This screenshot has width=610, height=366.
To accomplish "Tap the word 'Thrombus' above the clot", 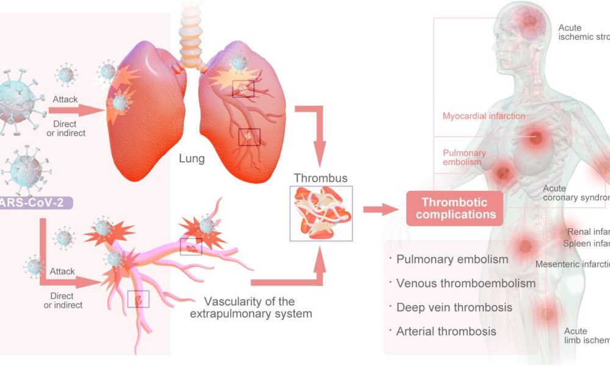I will point(321,178).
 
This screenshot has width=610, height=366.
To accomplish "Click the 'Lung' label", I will point(192,159).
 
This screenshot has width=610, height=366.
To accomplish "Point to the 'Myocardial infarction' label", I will point(484,116).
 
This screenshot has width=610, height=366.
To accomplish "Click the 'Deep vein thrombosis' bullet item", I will point(454,307).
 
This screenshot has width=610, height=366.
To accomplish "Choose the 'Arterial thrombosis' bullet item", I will point(447,331).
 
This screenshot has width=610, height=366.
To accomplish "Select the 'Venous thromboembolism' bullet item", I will point(466,283).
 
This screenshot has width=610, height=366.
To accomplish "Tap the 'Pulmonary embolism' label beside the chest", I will point(464,157).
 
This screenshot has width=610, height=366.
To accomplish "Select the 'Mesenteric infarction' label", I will point(572,264).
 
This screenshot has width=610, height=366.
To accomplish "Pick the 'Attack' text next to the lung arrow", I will point(65,99).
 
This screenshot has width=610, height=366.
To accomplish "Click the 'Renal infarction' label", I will point(588,232).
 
